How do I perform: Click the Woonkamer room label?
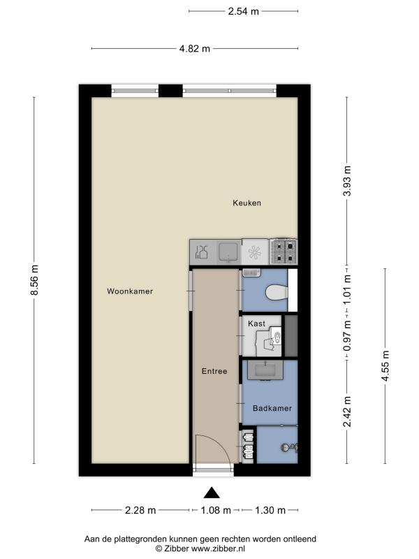click(x=130, y=291)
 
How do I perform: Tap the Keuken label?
click(x=247, y=203)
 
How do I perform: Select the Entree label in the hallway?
click(x=214, y=371)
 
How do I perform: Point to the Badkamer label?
click(x=272, y=408)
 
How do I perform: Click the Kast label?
click(x=256, y=324)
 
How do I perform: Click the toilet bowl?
click(x=277, y=293)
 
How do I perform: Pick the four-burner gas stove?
click(x=284, y=252)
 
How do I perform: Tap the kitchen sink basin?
click(x=229, y=252)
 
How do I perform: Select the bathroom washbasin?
click(x=265, y=370)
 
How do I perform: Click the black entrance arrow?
click(x=212, y=493)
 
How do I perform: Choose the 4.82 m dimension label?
click(x=195, y=48)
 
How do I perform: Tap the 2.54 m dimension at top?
click(x=243, y=11)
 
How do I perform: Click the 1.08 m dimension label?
click(x=216, y=510)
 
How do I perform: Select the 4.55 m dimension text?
click(x=385, y=365)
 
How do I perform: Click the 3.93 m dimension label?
click(x=347, y=181)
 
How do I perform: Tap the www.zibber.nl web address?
click(x=217, y=549)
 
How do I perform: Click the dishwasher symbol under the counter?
click(x=255, y=252)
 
